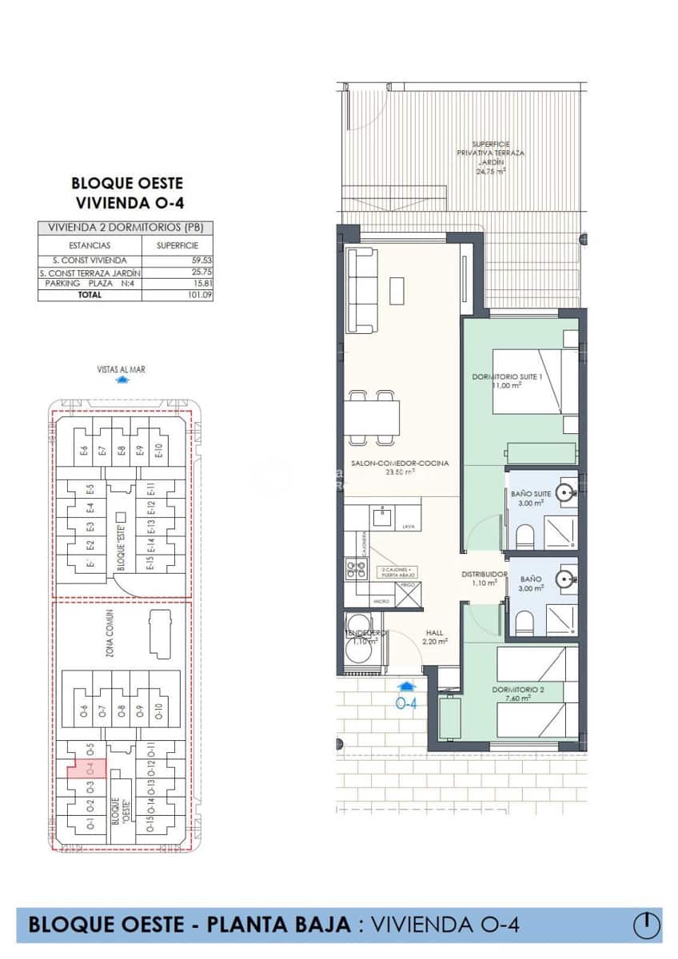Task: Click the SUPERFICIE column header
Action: click(177, 245)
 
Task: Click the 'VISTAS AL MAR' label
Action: click(121, 369)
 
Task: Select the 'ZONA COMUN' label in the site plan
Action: click(110, 633)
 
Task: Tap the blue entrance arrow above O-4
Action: click(406, 686)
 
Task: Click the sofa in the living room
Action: click(363, 290)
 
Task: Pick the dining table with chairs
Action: click(374, 418)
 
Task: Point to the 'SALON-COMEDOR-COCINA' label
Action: click(399, 464)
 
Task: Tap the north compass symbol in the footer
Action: click(647, 925)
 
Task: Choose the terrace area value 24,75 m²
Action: click(491, 171)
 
